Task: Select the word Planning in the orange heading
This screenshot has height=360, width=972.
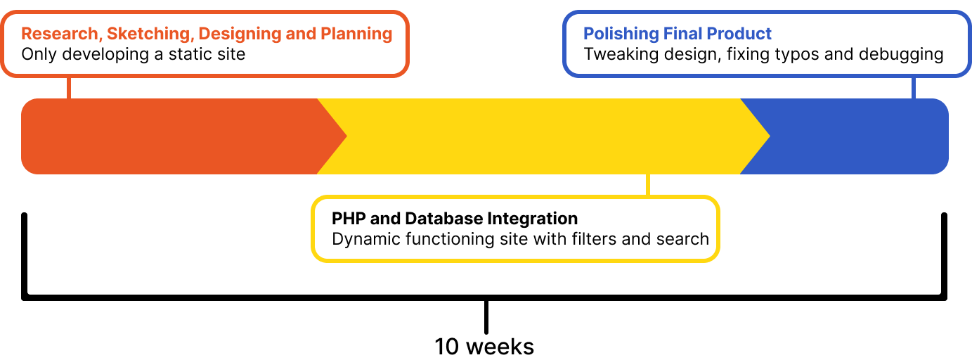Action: coord(356,34)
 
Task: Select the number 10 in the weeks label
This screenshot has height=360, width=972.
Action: coord(446,347)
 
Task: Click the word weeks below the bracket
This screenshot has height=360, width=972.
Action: coord(500,347)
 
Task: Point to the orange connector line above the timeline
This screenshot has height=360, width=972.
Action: coord(69,88)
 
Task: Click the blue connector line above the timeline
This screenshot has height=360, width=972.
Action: coord(914,88)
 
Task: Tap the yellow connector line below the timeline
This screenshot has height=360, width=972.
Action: coord(648,185)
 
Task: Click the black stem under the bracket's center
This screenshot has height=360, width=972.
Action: coord(486,317)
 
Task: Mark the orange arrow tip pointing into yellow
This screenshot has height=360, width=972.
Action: coord(346,136)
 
